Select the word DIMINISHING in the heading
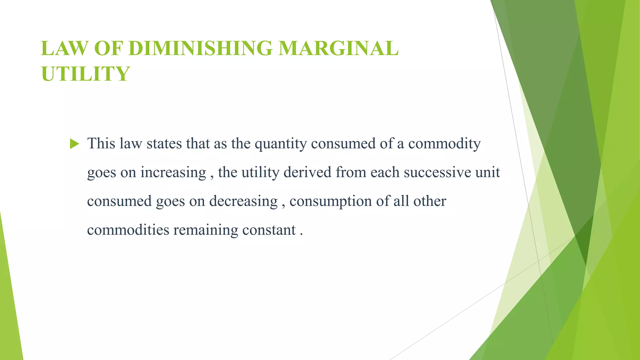200,48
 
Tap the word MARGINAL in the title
338,48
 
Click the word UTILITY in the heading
85,74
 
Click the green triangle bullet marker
74,144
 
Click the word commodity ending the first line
444,144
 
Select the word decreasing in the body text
243,201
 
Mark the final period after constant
302,234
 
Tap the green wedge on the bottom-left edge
9,312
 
